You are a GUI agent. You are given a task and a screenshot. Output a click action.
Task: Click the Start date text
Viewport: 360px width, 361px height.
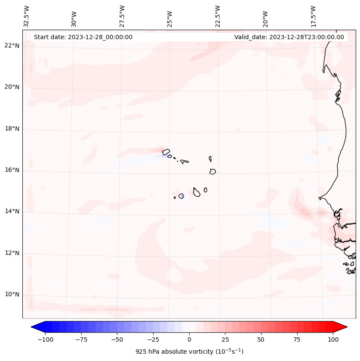pyautogui.click(x=83, y=37)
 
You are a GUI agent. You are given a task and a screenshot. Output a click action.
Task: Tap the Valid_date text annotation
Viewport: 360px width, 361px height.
pyautogui.click(x=289, y=37)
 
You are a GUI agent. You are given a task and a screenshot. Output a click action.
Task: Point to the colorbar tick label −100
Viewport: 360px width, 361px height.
pyautogui.click(x=45, y=339)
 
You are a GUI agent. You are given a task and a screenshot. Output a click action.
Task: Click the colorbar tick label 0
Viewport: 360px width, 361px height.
pyautogui.click(x=189, y=339)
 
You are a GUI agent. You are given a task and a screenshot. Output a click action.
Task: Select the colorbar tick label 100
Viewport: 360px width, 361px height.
pyautogui.click(x=333, y=339)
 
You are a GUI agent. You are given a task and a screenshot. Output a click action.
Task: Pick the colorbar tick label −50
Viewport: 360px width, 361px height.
pyautogui.click(x=117, y=339)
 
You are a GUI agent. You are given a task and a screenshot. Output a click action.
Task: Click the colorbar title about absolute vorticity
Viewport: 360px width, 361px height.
pyautogui.click(x=189, y=352)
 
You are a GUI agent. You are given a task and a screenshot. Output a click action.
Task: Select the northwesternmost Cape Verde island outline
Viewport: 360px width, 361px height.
pyautogui.click(x=166, y=151)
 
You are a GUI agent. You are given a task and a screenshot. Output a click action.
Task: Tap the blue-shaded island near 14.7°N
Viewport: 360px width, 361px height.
pyautogui.click(x=181, y=196)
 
